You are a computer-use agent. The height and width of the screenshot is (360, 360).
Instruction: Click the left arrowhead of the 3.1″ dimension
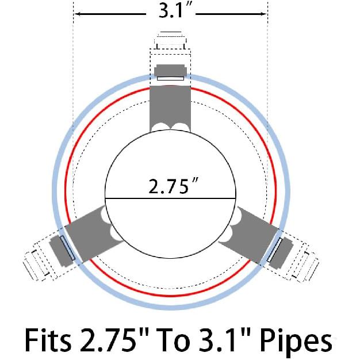click(78, 14)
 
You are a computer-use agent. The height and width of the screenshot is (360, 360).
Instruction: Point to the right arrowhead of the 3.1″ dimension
click(263, 14)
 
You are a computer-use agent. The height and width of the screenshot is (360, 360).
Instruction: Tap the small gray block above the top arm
click(170, 70)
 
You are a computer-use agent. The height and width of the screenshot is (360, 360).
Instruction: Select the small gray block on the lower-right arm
click(281, 252)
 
